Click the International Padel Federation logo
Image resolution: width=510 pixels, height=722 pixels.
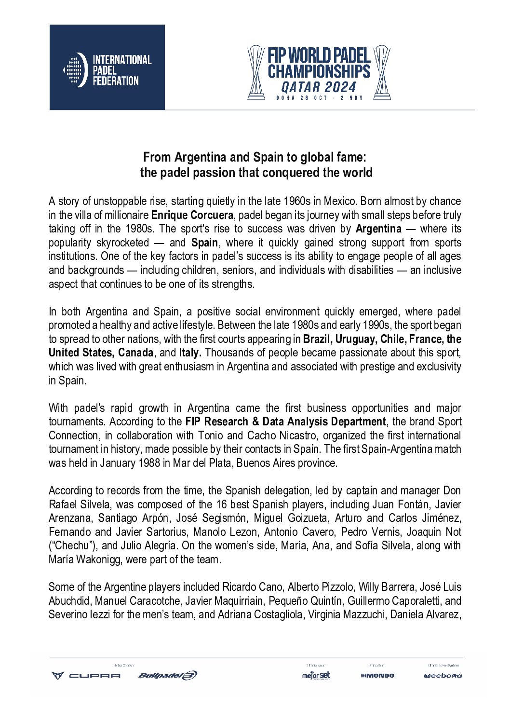pos(107,68)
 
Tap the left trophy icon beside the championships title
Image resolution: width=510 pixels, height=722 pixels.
pos(255,72)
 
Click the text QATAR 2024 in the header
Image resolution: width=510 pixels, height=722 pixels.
pos(319,87)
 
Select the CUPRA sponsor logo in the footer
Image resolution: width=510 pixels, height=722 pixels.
pos(86,676)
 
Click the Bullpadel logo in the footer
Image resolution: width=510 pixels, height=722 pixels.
pos(167,675)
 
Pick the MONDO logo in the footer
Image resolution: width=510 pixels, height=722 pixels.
pos(377,676)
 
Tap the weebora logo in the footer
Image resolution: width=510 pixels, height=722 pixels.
pos(443,676)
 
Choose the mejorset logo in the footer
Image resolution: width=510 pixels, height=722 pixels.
pos(316,675)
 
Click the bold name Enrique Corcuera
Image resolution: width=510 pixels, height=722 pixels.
pos(192,215)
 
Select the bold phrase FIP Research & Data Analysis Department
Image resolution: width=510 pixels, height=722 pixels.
pos(285,422)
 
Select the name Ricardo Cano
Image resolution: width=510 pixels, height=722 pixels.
pos(253,587)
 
